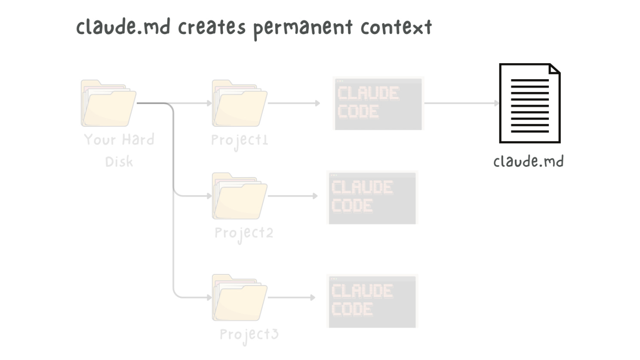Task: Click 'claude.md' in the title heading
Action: [123, 27]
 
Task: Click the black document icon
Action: [529, 103]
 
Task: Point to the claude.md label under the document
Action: [528, 161]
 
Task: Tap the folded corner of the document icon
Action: [554, 69]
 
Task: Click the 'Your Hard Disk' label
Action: [119, 150]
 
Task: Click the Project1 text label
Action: [240, 140]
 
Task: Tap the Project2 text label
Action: [244, 233]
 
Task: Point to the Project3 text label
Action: [249, 335]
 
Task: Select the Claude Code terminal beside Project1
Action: [378, 103]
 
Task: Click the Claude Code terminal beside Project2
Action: [372, 197]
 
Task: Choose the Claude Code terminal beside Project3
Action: [372, 301]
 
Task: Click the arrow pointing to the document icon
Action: [461, 103]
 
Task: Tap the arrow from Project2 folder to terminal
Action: [292, 196]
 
